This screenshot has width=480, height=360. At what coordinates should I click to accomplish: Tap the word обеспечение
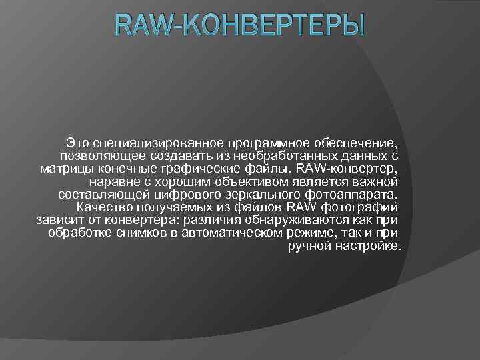359,143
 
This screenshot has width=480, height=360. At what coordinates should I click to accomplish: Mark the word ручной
309,246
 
